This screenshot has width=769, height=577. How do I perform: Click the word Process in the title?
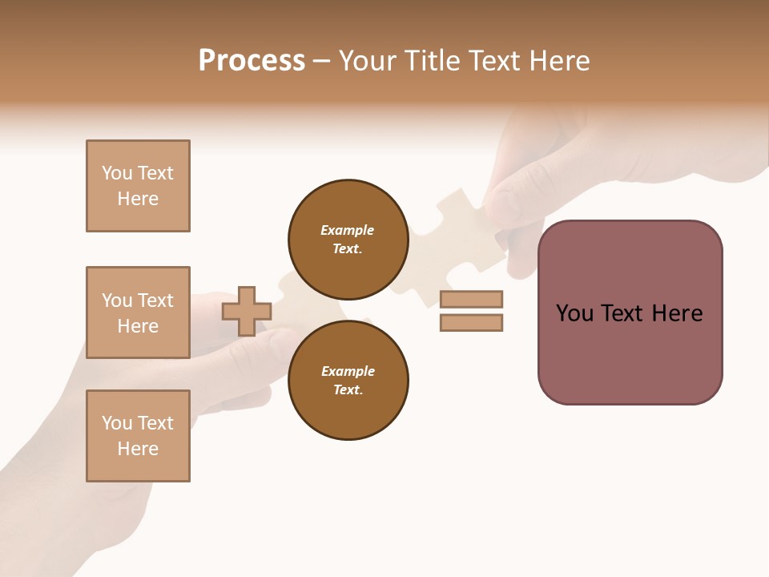pyautogui.click(x=252, y=61)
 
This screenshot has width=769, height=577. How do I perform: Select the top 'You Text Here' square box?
pyautogui.click(x=138, y=186)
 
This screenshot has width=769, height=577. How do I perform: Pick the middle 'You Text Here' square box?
pyautogui.click(x=138, y=313)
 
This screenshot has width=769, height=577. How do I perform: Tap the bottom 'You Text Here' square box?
pyautogui.click(x=138, y=436)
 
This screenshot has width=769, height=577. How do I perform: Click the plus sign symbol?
pyautogui.click(x=247, y=311)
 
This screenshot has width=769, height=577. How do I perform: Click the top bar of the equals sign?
pyautogui.click(x=471, y=299)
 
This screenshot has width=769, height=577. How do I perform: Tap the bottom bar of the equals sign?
pyautogui.click(x=471, y=322)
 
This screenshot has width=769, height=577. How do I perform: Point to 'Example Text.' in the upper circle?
pyautogui.click(x=348, y=239)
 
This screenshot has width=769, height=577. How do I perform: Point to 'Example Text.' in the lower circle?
pyautogui.click(x=348, y=380)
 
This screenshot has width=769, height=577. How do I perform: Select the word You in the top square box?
pyautogui.click(x=116, y=173)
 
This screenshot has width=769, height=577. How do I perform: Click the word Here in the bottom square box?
pyautogui.click(x=138, y=449)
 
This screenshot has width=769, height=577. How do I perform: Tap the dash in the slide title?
pyautogui.click(x=322, y=62)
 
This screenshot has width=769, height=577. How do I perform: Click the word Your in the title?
pyautogui.click(x=368, y=61)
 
